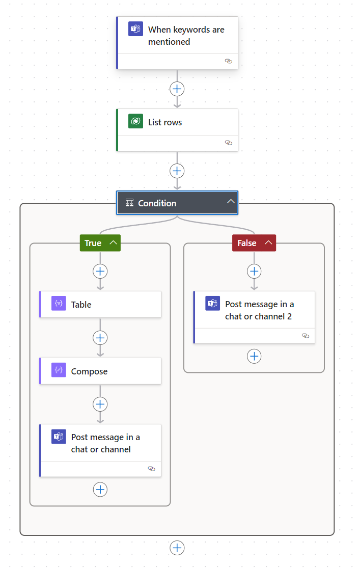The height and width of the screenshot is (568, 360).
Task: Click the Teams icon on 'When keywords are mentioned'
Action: click(135, 29)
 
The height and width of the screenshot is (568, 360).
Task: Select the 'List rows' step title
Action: click(165, 122)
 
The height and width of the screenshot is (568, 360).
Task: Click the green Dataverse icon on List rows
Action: click(135, 122)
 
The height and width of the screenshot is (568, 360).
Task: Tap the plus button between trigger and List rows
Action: click(177, 89)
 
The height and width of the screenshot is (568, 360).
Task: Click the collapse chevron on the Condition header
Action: click(231, 202)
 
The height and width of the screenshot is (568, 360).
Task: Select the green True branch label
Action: click(93, 243)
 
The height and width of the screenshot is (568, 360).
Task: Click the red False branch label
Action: click(247, 243)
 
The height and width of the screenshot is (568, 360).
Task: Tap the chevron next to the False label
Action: click(268, 243)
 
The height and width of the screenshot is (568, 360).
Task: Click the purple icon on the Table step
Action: click(59, 304)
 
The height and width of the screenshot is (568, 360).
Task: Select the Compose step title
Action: click(89, 371)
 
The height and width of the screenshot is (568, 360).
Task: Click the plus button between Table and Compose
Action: click(100, 338)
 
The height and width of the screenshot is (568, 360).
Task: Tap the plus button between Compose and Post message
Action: click(100, 404)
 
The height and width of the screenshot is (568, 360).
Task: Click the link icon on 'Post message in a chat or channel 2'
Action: click(306, 336)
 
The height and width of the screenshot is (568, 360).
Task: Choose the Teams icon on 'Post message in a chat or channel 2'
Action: click(212, 304)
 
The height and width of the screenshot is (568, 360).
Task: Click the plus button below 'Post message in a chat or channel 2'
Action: click(254, 356)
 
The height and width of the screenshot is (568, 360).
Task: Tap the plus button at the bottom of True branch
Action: click(100, 489)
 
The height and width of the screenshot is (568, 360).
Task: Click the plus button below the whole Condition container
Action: click(177, 548)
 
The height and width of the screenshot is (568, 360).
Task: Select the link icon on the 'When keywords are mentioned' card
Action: click(229, 61)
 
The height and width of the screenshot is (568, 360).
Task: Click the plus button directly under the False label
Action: click(254, 271)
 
